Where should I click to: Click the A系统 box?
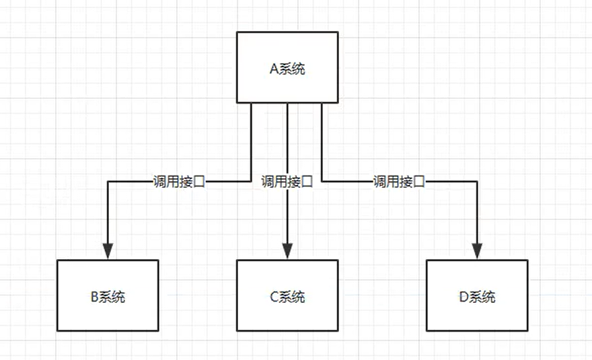(287, 68)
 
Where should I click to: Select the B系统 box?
(107, 296)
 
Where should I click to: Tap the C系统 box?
(287, 296)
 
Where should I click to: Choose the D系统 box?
(477, 296)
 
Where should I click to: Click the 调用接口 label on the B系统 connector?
(178, 182)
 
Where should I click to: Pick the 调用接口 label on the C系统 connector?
(287, 182)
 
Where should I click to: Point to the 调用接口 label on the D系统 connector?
(400, 182)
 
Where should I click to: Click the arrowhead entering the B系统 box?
(107, 251)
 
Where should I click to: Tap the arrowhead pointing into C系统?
(287, 251)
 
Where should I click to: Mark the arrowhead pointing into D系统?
(477, 251)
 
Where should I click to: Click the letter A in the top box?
(272, 69)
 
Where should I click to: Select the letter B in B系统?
(94, 297)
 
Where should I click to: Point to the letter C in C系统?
(274, 297)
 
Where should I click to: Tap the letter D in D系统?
(464, 297)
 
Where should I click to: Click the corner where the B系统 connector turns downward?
(107, 182)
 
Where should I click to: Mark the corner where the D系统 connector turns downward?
(477, 182)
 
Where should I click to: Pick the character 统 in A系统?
(298, 69)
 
